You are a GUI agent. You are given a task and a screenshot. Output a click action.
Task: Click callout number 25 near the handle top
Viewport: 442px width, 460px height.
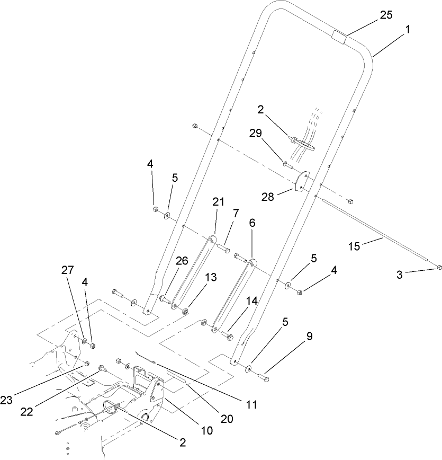tap(386, 15)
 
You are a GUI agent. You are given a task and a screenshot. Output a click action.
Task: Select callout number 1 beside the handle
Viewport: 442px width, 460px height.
tap(407, 31)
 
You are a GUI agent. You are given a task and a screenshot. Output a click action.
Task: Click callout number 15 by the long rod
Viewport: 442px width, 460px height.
tap(354, 246)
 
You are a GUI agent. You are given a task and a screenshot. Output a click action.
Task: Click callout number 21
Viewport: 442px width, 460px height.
tap(219, 201)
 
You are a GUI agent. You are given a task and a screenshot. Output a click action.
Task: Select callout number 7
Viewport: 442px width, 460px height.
tap(236, 213)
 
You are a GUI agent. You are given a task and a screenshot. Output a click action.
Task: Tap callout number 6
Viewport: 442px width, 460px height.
tap(251, 224)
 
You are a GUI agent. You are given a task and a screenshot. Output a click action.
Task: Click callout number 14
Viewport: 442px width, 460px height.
tap(251, 300)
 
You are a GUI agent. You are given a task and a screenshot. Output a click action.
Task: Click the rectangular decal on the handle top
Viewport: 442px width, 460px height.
tap(338, 38)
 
